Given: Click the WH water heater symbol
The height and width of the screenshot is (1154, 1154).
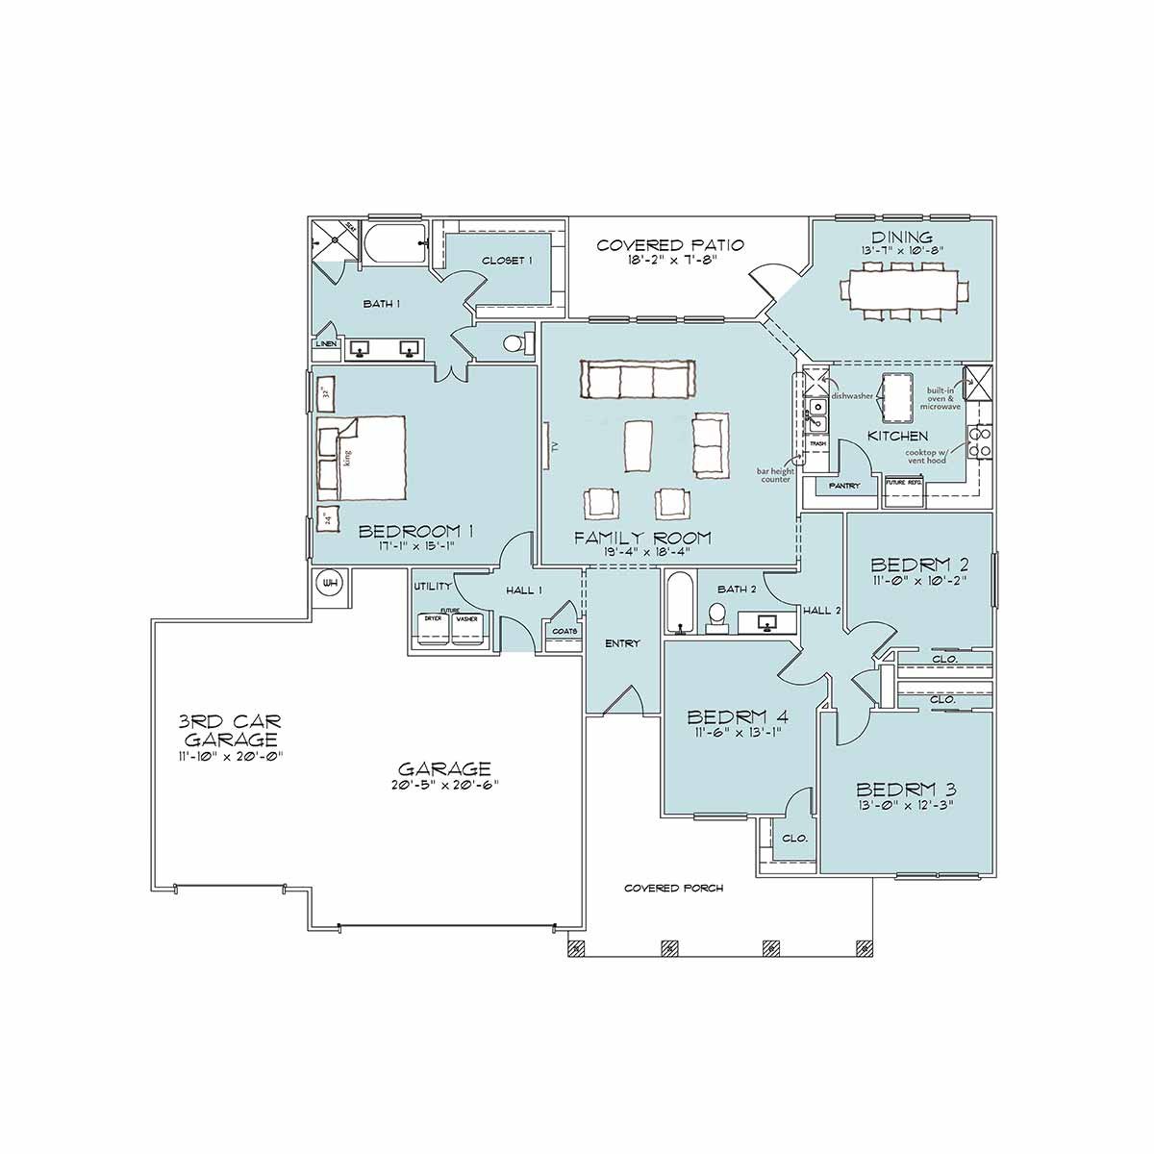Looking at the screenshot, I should tap(330, 583).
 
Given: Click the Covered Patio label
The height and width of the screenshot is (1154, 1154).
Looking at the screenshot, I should tap(669, 245).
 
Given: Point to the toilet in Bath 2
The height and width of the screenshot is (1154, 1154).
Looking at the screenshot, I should tap(716, 616).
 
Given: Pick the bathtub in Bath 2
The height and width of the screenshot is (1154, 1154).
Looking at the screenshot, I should tap(679, 603).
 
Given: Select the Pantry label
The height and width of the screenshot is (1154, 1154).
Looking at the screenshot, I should tap(844, 487).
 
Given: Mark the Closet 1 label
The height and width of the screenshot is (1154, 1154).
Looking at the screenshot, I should tap(507, 261).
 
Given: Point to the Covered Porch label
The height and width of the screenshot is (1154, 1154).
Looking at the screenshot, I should tap(673, 889).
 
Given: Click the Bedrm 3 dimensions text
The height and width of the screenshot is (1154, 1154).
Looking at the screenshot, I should tap(905, 806).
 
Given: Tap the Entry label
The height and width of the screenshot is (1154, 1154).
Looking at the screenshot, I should tap(621, 643).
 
